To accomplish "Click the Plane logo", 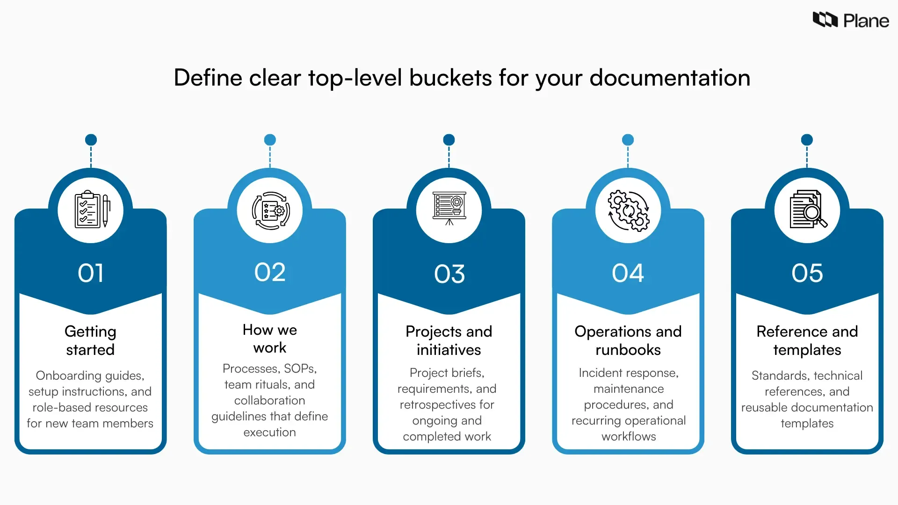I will [850, 20].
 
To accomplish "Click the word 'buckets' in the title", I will [450, 78].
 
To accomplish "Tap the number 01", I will [91, 273].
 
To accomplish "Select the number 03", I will [449, 274].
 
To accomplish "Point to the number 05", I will [807, 273].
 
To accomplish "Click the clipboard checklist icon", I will [91, 210].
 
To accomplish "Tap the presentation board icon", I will [449, 209].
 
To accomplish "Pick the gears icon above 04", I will [628, 210].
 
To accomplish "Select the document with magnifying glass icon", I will [807, 209].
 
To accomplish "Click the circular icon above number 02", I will [270, 210].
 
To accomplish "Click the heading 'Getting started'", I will [90, 340].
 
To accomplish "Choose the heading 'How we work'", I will [270, 339].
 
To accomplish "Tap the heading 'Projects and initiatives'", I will [449, 340].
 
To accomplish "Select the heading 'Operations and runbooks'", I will [628, 340].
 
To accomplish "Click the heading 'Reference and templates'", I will [807, 340].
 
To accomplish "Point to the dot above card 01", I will [91, 140].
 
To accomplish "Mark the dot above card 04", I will [628, 140].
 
